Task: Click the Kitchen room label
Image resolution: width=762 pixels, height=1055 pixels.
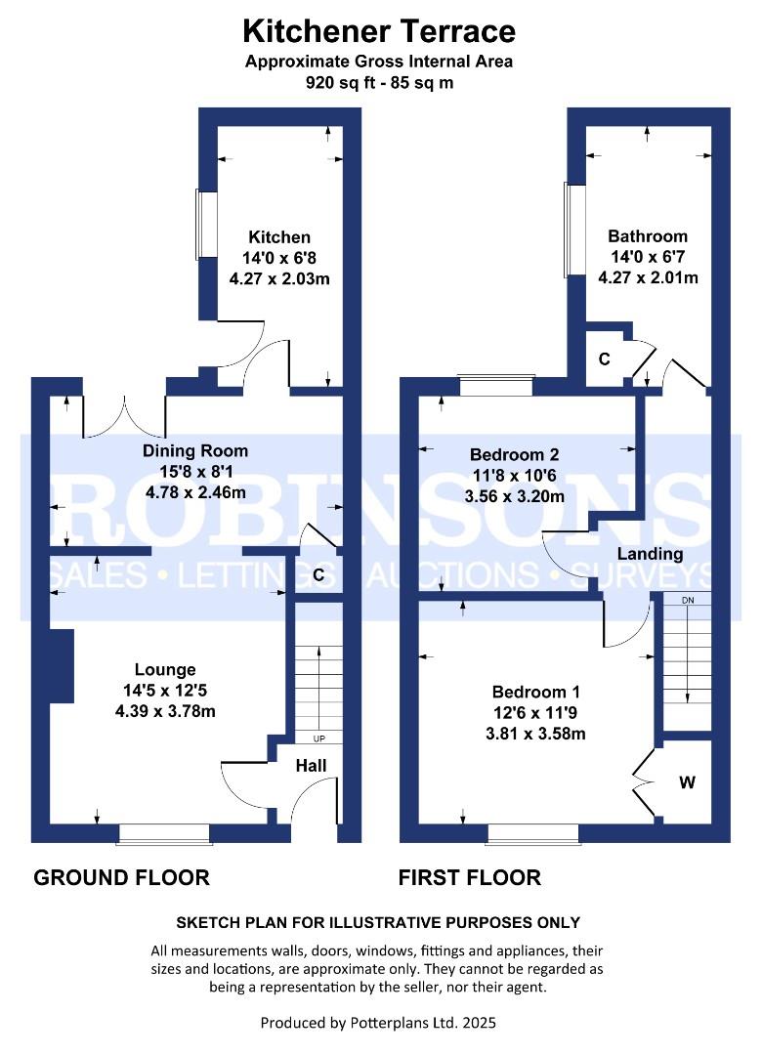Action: tap(279, 236)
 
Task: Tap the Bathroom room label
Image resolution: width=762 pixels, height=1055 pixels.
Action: tap(648, 236)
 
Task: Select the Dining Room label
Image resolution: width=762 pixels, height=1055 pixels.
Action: tap(195, 450)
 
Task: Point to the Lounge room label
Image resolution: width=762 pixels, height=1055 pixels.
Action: tap(165, 669)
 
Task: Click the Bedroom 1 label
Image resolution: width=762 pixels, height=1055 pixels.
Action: tap(535, 692)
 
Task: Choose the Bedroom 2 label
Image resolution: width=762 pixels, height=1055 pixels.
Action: tap(514, 455)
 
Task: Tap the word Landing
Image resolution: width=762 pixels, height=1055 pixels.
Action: tap(651, 554)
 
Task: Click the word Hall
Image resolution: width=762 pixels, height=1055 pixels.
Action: tap(311, 765)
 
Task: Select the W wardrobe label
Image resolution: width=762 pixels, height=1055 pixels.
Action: tap(687, 781)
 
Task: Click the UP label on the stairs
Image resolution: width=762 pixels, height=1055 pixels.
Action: tap(319, 738)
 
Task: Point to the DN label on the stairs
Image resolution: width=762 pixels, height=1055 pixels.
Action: tap(688, 600)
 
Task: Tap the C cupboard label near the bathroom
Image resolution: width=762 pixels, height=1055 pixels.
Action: tap(604, 359)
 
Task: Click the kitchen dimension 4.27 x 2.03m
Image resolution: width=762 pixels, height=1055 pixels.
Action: tap(279, 278)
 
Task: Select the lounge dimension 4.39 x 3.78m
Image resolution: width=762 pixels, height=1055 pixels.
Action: tap(165, 711)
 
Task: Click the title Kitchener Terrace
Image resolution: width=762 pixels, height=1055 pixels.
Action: tap(379, 31)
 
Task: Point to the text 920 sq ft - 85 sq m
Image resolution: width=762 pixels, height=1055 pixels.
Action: tap(380, 83)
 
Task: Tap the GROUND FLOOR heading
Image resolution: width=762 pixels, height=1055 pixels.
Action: tap(121, 877)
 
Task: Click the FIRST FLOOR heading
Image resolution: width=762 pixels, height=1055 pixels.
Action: tap(469, 877)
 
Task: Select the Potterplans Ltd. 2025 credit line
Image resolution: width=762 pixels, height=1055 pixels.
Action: tap(378, 1023)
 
